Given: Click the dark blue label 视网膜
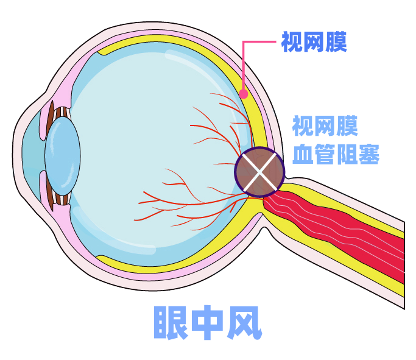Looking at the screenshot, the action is (314, 42).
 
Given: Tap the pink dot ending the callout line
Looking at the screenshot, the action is (243, 94).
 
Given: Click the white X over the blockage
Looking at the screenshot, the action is (259, 172).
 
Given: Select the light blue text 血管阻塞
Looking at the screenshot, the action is (336, 154).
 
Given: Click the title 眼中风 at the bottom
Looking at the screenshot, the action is (208, 323).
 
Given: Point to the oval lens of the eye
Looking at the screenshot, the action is (62, 156).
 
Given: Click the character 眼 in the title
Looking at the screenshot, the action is (171, 323).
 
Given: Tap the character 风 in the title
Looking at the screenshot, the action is (245, 323).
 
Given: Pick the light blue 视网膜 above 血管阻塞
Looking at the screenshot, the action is (325, 125).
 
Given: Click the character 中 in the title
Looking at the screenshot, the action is (208, 323).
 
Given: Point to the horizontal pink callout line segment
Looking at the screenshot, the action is (259, 41).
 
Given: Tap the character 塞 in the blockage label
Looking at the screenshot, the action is (369, 154).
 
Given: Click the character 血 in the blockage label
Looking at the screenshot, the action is (303, 154).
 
